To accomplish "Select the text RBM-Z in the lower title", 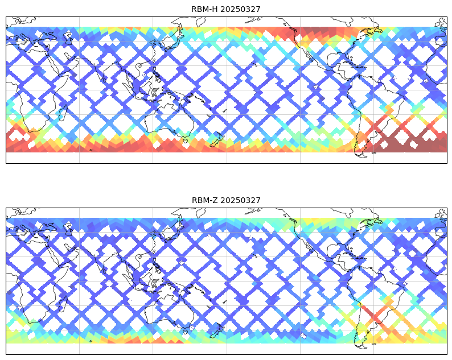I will tap(205, 200).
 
